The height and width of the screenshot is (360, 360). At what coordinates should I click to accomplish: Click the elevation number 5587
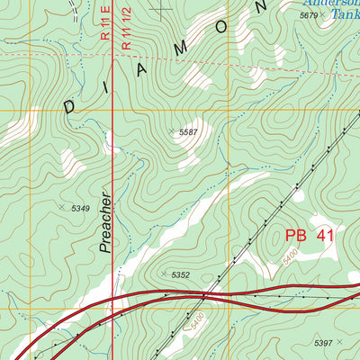click(x=188, y=132)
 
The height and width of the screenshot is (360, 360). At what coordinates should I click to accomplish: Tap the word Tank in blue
click(x=346, y=15)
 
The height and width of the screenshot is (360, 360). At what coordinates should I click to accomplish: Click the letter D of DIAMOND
click(x=71, y=104)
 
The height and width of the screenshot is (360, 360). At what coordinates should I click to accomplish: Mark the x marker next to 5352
click(x=163, y=273)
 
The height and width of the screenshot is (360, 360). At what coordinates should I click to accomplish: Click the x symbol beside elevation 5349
click(x=62, y=207)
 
